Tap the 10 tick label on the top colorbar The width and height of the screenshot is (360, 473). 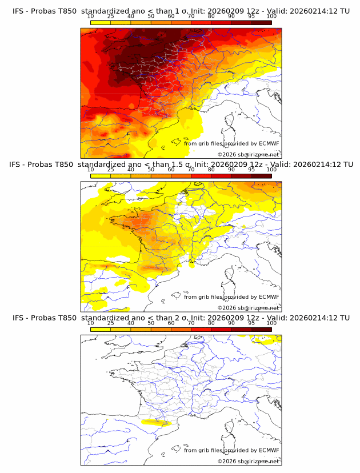(91, 17)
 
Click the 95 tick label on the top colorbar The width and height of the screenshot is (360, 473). (251, 17)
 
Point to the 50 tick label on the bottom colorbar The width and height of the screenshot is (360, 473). (151, 323)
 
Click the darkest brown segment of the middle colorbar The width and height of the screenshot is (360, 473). (261, 176)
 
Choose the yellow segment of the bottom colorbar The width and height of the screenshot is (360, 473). (101, 329)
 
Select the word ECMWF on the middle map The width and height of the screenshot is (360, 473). (269, 297)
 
